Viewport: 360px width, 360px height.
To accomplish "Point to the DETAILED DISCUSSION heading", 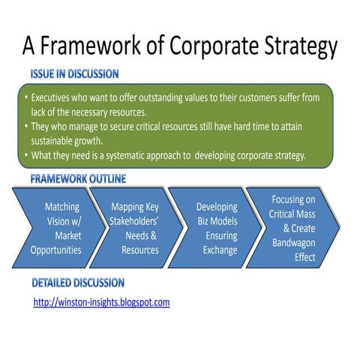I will click(x=77, y=283).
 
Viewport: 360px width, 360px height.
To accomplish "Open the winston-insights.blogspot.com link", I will click(x=102, y=302).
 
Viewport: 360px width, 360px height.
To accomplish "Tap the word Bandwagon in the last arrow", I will click(x=295, y=242).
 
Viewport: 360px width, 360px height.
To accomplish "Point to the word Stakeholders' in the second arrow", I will click(x=134, y=221).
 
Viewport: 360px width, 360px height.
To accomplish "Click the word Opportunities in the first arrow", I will click(x=56, y=250).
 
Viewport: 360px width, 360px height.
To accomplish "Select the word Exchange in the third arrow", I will click(x=219, y=250).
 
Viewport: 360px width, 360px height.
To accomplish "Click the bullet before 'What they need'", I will click(x=25, y=156).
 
